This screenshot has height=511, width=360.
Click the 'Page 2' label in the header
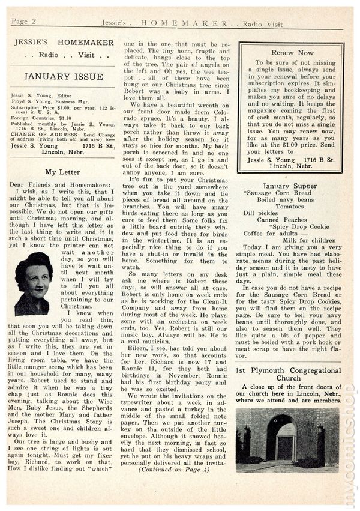pos(24,22)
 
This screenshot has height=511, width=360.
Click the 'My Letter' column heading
pos(62,172)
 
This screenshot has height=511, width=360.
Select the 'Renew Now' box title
pos(292,53)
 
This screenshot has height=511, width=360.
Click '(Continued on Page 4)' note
pos(172,470)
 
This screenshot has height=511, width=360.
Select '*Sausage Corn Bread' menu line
pos(277,192)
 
